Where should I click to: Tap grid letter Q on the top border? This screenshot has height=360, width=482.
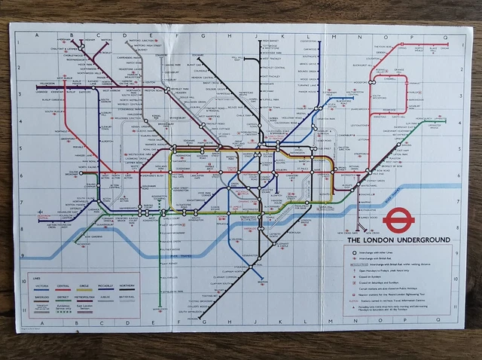pos(445,35)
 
